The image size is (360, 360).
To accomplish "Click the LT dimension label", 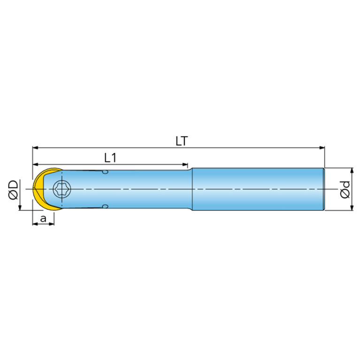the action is tap(182, 141).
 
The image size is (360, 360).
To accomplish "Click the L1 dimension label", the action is tap(110, 158).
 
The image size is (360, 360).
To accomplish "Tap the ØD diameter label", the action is tap(13, 190).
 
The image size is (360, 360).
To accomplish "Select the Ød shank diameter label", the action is tap(345, 190).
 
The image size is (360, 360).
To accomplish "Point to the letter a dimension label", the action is tap(43, 219).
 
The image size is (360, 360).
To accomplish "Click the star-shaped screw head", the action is tap(62, 189).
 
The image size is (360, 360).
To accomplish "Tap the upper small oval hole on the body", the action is tap(105, 172).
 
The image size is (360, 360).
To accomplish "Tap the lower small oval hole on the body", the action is tap(105, 207).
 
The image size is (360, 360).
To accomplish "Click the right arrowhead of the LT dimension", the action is tap(322, 148).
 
